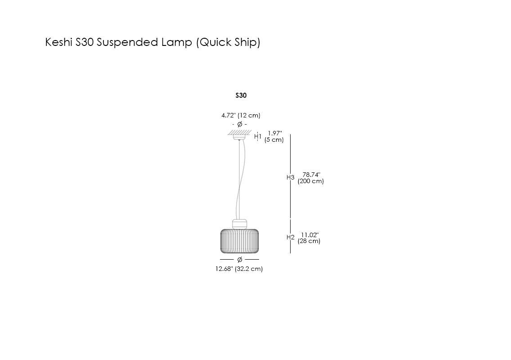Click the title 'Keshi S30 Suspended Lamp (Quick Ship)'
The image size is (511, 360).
pos(152,43)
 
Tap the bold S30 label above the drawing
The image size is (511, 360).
pos(241,95)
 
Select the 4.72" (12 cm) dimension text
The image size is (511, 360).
pos(241,116)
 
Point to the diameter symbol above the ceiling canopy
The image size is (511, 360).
pos(240,124)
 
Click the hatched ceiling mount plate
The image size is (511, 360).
pos(239,132)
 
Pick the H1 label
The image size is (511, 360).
pos(258,136)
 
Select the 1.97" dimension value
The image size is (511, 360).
pos(274,133)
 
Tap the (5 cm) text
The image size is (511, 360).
pos(274,140)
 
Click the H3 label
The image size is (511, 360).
pos(290,178)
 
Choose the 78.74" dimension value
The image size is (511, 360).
pos(311,175)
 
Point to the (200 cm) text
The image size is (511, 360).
pos(311,181)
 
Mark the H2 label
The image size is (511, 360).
pos(290,238)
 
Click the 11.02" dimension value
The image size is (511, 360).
pos(309,234)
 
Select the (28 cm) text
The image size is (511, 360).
pos(309,241)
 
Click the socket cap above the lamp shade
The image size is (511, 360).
pos(240,223)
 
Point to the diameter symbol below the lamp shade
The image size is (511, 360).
pos(240,260)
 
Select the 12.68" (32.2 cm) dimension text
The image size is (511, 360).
pos(239,269)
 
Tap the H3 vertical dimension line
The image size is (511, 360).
pos(290,198)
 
